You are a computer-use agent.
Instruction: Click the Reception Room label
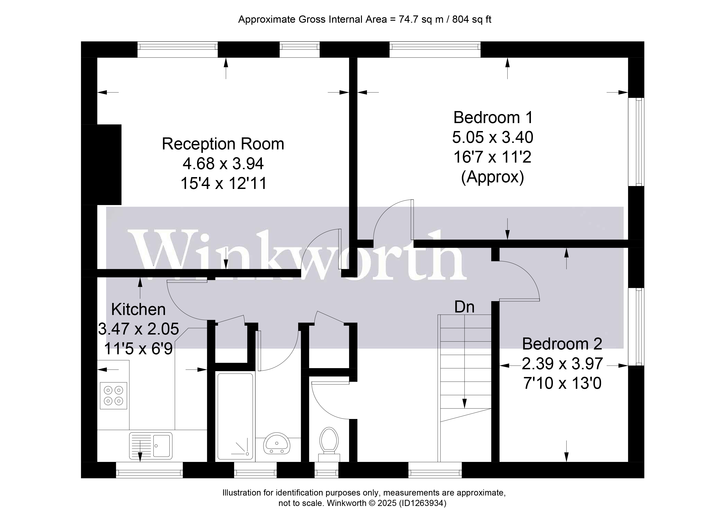coord(223,144)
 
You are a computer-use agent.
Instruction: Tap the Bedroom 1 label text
coord(493,118)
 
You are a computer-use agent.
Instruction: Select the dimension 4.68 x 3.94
coord(223,164)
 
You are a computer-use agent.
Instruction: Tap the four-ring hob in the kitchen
coord(113,396)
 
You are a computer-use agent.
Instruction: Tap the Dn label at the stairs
coord(464,307)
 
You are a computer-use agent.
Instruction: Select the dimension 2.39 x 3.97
coord(562,364)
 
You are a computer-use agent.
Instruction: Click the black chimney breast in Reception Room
coord(101,164)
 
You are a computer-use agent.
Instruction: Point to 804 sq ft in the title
coord(472,20)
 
